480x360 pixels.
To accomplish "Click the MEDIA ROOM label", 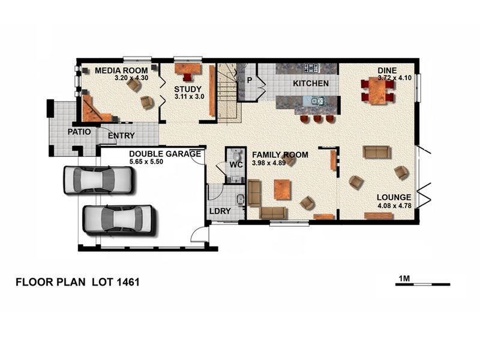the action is (121, 70).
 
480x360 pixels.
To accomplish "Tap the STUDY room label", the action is (188, 89).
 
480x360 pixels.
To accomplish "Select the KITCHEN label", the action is (311, 83).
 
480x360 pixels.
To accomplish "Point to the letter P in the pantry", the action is (250, 80).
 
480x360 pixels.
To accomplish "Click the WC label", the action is (236, 164).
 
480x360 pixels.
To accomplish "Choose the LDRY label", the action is (220, 211).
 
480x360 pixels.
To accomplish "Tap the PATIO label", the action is (79, 132).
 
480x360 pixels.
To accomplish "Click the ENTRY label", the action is (121, 136).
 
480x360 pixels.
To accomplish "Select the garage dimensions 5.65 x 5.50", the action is (146, 161).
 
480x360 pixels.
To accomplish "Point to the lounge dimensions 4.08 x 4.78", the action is (395, 206).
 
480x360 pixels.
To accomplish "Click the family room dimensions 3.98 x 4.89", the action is (269, 163).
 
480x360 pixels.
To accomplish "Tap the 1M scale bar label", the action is (404, 278).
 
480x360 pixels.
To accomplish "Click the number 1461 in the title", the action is (128, 282).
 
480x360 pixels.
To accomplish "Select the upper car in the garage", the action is (98, 179).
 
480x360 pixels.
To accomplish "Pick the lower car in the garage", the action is (121, 221).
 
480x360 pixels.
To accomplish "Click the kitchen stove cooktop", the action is (311, 68).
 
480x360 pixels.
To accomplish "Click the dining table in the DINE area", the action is (378, 91).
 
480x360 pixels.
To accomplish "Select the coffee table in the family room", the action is (283, 190).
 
